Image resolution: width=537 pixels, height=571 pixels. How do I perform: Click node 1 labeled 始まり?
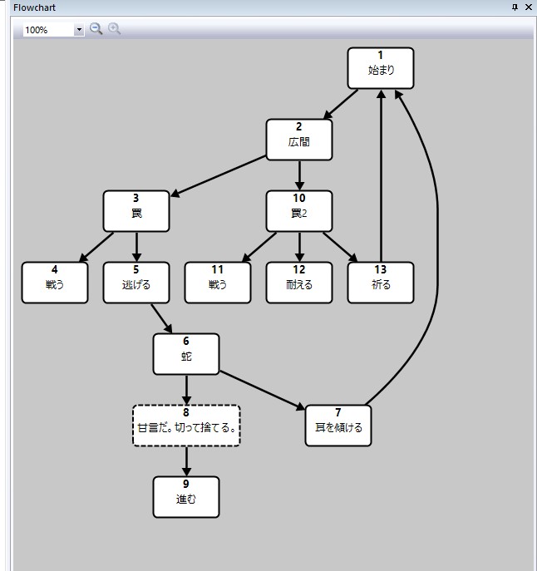(380, 67)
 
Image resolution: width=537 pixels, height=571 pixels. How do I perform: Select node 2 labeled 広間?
(299, 139)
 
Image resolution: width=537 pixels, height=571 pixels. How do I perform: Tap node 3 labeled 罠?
(136, 211)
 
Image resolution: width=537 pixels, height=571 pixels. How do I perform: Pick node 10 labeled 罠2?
(299, 211)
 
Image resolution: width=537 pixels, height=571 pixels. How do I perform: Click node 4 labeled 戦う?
(55, 283)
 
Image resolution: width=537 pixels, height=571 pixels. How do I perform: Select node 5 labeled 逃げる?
(136, 283)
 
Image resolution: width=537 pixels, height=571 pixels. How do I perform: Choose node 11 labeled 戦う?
(218, 283)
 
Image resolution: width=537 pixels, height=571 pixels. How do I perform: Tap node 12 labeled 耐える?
(299, 283)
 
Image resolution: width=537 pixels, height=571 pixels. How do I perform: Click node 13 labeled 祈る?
(381, 283)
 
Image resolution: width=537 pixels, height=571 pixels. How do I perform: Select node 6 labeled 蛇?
(186, 354)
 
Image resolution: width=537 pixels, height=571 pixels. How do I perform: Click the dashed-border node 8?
(186, 426)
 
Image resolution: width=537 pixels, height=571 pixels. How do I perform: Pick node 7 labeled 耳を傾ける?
(338, 426)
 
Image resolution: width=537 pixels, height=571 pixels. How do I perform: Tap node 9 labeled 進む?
(186, 497)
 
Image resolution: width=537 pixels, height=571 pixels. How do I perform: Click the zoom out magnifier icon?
(96, 29)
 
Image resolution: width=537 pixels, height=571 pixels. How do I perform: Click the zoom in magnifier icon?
(115, 29)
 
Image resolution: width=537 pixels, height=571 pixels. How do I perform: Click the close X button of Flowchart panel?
(528, 7)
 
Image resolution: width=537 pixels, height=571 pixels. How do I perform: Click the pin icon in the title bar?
(515, 7)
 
